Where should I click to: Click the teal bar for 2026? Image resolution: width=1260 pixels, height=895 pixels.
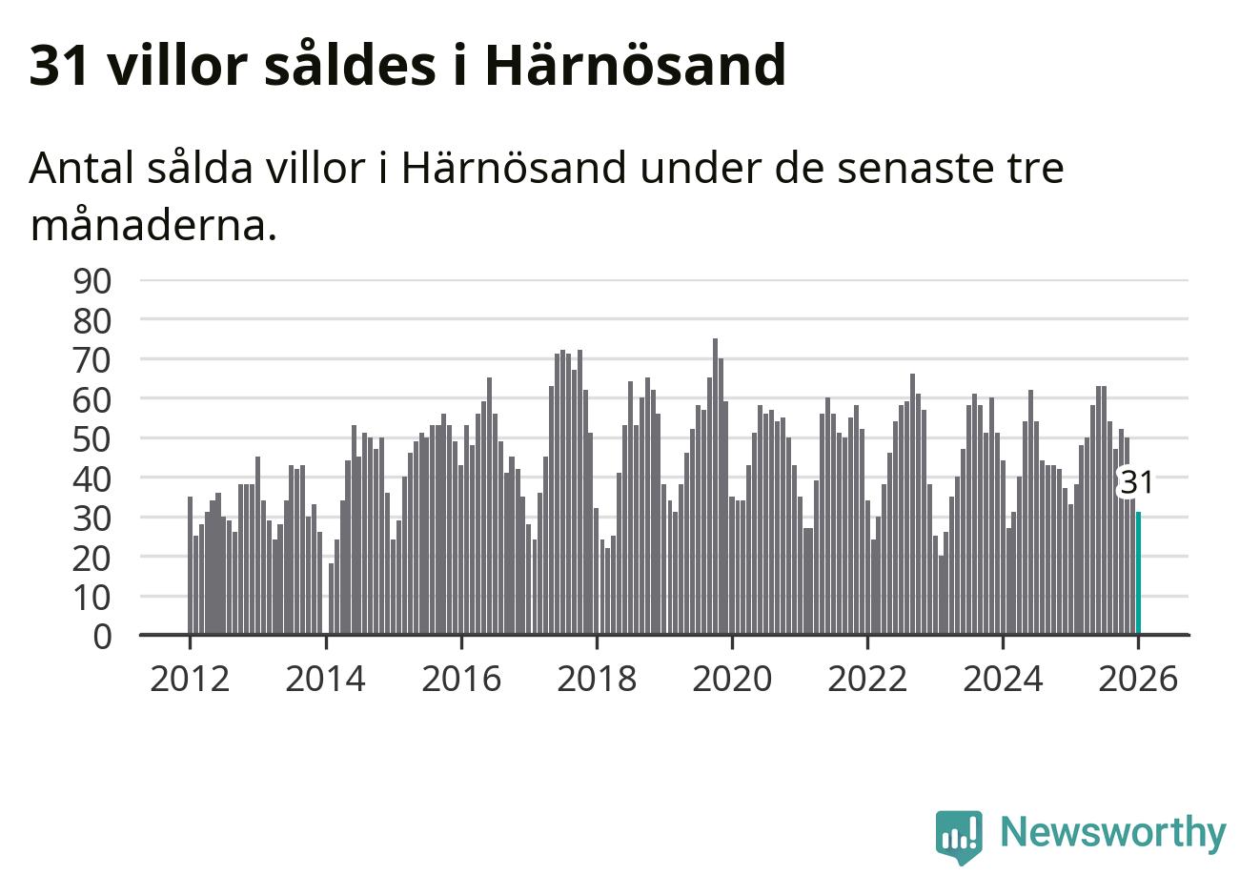click(x=1138, y=573)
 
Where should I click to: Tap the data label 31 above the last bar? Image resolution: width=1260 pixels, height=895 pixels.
click(x=1136, y=483)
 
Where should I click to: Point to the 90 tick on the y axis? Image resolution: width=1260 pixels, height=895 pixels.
click(x=92, y=280)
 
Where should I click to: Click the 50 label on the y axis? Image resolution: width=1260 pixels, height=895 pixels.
click(x=92, y=439)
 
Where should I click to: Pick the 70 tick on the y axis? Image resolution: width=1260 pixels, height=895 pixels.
click(x=92, y=360)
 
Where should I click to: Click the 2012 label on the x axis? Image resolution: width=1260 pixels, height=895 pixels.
click(x=190, y=680)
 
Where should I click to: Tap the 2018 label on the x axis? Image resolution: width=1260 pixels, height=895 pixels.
click(x=597, y=680)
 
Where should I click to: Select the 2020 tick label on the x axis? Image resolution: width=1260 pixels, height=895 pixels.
click(x=732, y=680)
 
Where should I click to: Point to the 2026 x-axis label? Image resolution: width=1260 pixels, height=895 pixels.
click(x=1138, y=680)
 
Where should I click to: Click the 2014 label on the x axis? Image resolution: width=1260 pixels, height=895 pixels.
click(x=325, y=680)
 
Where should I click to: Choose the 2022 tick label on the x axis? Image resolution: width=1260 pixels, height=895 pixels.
click(x=867, y=680)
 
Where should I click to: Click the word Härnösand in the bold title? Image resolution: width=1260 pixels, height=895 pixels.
click(x=635, y=65)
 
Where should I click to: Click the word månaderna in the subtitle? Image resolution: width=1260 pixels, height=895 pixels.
click(x=152, y=226)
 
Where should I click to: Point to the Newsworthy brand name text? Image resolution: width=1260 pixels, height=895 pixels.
click(x=1112, y=832)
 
